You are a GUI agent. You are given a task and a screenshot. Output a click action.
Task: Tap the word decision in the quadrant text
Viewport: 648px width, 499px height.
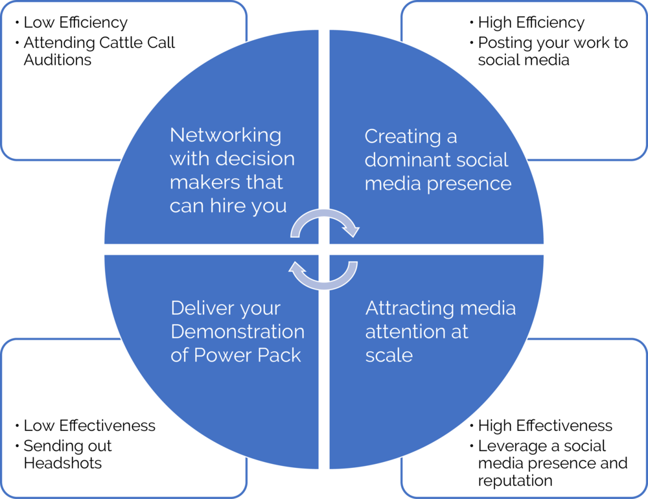[263, 159]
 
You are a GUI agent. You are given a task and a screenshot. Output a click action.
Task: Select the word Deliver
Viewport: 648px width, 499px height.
[203, 308]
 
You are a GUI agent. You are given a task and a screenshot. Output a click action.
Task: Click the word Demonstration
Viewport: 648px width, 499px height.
[237, 332]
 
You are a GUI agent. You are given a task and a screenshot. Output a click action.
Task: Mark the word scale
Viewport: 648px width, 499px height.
[389, 355]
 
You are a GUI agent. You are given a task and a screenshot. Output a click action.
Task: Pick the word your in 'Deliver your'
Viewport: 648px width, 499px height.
[262, 308]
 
